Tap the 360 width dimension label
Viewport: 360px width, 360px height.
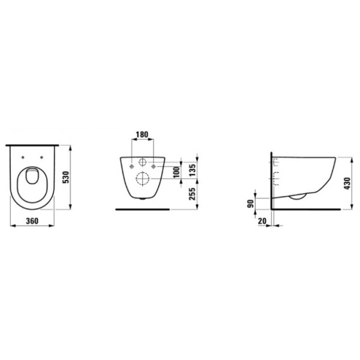(33, 221)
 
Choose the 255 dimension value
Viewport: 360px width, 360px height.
(193, 195)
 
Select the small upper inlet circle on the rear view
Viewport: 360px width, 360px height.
(142, 163)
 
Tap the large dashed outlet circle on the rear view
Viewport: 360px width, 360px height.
(142, 178)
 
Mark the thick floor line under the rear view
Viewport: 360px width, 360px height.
(142, 209)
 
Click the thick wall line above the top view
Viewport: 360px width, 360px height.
(33, 145)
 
